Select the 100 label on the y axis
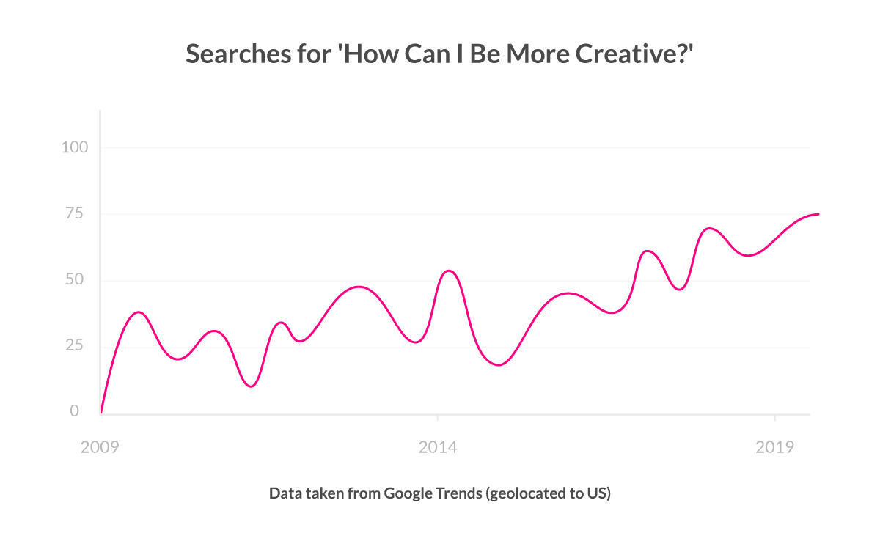click(x=74, y=147)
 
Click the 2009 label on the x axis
click(x=100, y=447)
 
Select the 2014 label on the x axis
click(x=438, y=447)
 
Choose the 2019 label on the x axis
click(x=775, y=447)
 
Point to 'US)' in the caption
click(x=598, y=493)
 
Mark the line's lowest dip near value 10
click(x=251, y=386)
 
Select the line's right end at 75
click(x=818, y=214)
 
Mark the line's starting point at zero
click(x=101, y=413)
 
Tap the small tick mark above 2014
click(x=438, y=418)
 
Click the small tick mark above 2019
click(x=775, y=418)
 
